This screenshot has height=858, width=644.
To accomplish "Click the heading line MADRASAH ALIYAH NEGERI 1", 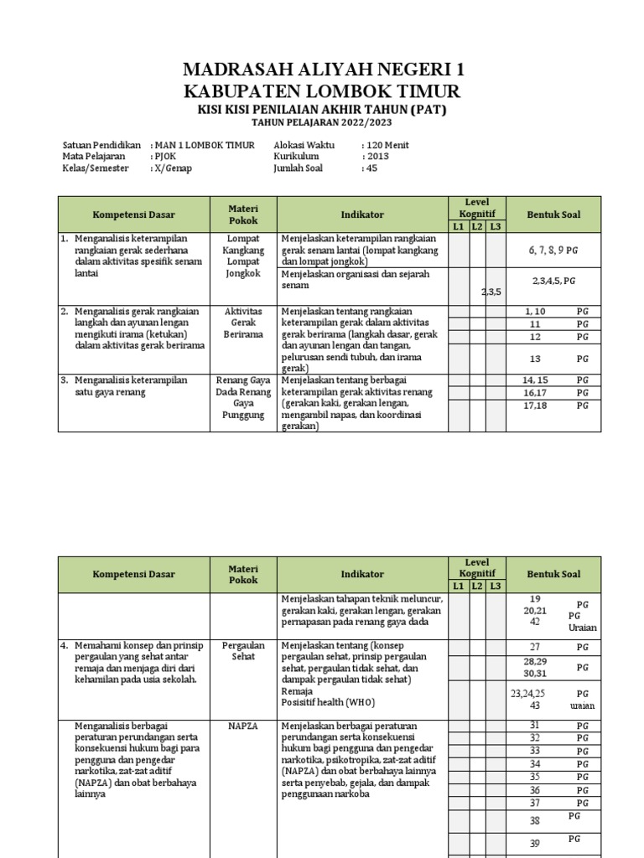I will coord(322,69).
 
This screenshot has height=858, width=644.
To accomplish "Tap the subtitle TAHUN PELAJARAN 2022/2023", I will coord(322,123).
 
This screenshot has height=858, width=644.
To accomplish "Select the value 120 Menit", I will coord(385,145).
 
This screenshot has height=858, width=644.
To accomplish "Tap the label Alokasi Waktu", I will coord(304,145).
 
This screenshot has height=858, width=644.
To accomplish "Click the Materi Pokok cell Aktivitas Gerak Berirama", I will coord(243,322).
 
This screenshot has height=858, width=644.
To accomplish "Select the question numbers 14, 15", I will coord(534,380).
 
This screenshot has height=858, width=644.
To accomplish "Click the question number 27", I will coord(535,647).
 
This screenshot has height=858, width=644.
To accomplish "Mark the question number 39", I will coord(535,844).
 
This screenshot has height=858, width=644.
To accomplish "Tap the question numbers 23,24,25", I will coord(527,693).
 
